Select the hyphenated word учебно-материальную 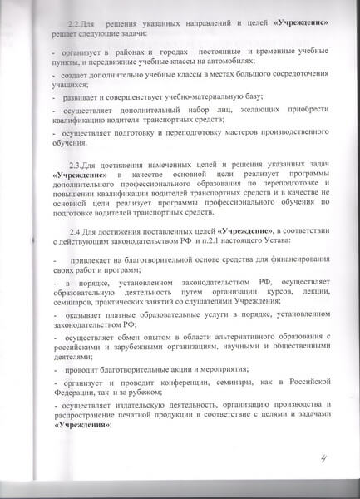(x=185, y=121)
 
